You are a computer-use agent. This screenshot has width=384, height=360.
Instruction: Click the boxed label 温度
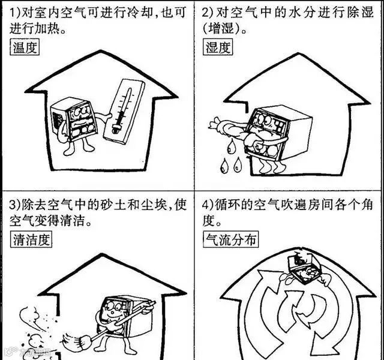[25, 48]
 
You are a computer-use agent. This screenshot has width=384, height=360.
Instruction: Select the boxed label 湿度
[218, 48]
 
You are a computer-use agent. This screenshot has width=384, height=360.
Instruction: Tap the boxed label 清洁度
[32, 240]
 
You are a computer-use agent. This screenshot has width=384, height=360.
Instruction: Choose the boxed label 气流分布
[231, 240]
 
